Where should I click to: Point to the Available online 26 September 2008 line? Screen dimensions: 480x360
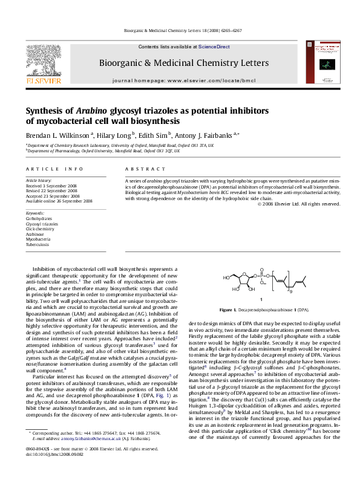point(59,201)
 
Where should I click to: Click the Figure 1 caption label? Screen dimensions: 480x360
point(229,309)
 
